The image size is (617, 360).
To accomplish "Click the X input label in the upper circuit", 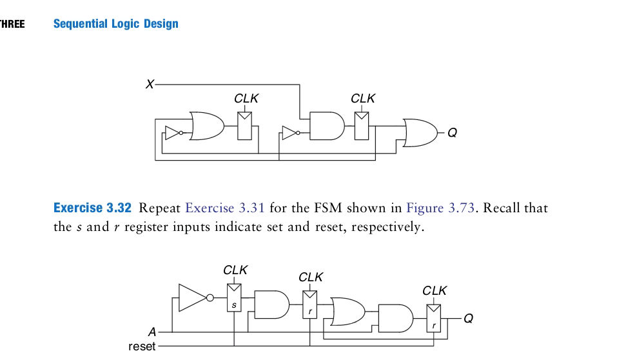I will (x=150, y=85).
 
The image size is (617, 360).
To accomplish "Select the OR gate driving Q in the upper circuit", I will (x=419, y=132).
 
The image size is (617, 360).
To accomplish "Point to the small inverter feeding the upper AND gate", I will (x=289, y=134).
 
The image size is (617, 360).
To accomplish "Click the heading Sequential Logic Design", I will (x=116, y=24).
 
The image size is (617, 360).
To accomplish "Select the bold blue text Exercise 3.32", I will (x=92, y=208).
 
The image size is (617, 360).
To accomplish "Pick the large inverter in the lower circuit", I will (x=193, y=297).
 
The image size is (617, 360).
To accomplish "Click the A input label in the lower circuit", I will (x=152, y=332).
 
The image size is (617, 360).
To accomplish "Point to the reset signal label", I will (x=142, y=347).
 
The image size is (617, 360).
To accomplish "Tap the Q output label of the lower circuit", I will (x=468, y=318).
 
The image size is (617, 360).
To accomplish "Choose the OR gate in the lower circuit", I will (x=347, y=311).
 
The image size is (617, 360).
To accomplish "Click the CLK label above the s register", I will (x=235, y=270).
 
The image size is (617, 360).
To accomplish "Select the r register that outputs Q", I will (x=434, y=317).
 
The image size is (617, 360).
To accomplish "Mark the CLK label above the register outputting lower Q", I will (x=435, y=290).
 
